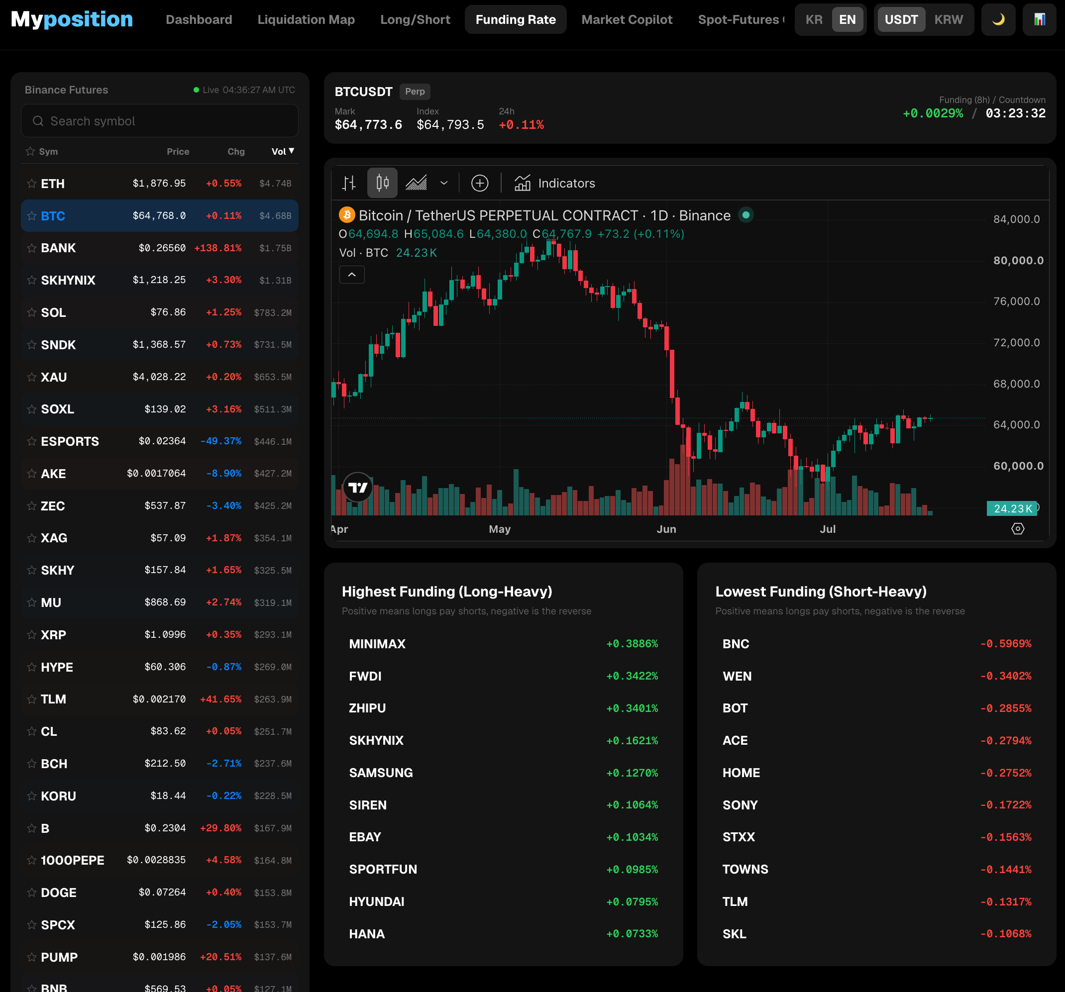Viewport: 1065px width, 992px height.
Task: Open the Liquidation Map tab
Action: coord(306,20)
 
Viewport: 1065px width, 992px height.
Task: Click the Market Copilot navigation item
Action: coord(627,20)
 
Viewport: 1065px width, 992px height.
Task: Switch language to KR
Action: coord(814,20)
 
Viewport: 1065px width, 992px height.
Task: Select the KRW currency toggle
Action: coord(948,20)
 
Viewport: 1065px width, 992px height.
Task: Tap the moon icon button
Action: coord(998,20)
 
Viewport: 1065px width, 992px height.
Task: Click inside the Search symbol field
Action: coord(160,121)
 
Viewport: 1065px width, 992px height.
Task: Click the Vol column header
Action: coord(283,152)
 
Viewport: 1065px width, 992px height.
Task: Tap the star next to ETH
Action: coord(32,184)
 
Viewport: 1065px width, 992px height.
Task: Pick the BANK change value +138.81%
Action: coord(217,248)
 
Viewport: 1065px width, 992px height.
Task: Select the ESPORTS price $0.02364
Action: coord(162,441)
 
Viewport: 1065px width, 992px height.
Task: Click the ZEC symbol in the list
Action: coord(53,506)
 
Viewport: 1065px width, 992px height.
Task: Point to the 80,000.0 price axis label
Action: coord(1018,261)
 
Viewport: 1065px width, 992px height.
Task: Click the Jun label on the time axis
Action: coord(666,529)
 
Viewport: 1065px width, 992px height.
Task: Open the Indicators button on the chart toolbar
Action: coord(554,183)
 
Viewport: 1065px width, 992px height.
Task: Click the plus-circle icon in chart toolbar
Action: coord(479,183)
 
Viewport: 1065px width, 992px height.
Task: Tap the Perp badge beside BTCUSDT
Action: coord(415,92)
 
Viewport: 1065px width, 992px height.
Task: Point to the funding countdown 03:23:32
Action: coord(1015,113)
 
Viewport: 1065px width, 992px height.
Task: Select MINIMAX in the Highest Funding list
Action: coord(377,644)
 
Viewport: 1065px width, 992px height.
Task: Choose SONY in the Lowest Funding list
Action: coord(740,805)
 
